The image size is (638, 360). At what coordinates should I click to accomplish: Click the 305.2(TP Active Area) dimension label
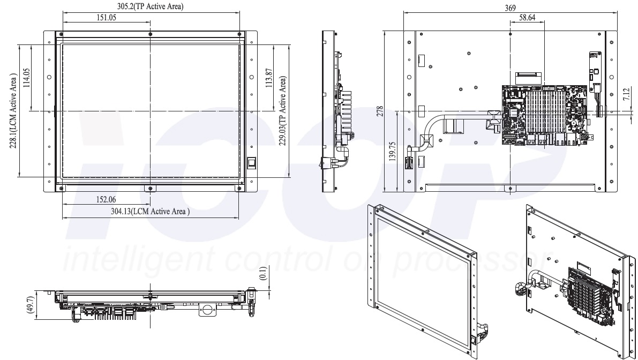pyautogui.click(x=150, y=6)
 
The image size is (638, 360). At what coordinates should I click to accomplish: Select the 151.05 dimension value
pyautogui.click(x=106, y=18)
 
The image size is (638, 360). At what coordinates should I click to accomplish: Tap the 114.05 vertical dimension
pyautogui.click(x=26, y=78)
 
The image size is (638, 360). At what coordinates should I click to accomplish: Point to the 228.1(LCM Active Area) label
pyautogui.click(x=13, y=111)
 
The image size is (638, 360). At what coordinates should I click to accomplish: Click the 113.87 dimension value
pyautogui.click(x=268, y=78)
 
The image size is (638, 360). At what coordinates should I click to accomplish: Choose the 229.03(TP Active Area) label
pyautogui.click(x=282, y=111)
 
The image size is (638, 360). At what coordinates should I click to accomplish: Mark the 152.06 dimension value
pyautogui.click(x=106, y=199)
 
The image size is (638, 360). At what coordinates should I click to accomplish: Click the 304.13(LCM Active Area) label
pyautogui.click(x=150, y=211)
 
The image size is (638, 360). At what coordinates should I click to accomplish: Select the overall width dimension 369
pyautogui.click(x=510, y=7)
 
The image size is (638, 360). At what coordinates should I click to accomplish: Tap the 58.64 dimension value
pyautogui.click(x=527, y=18)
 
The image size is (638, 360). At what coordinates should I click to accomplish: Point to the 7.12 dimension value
pyautogui.click(x=626, y=94)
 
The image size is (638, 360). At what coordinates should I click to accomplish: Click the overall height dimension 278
pyautogui.click(x=380, y=111)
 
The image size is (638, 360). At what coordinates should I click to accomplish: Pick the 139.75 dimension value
pyautogui.click(x=392, y=151)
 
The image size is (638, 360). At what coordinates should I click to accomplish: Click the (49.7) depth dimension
pyautogui.click(x=29, y=305)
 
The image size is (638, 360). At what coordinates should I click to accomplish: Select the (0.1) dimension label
pyautogui.click(x=263, y=273)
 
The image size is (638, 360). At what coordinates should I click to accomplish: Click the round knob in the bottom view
pyautogui.click(x=207, y=309)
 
